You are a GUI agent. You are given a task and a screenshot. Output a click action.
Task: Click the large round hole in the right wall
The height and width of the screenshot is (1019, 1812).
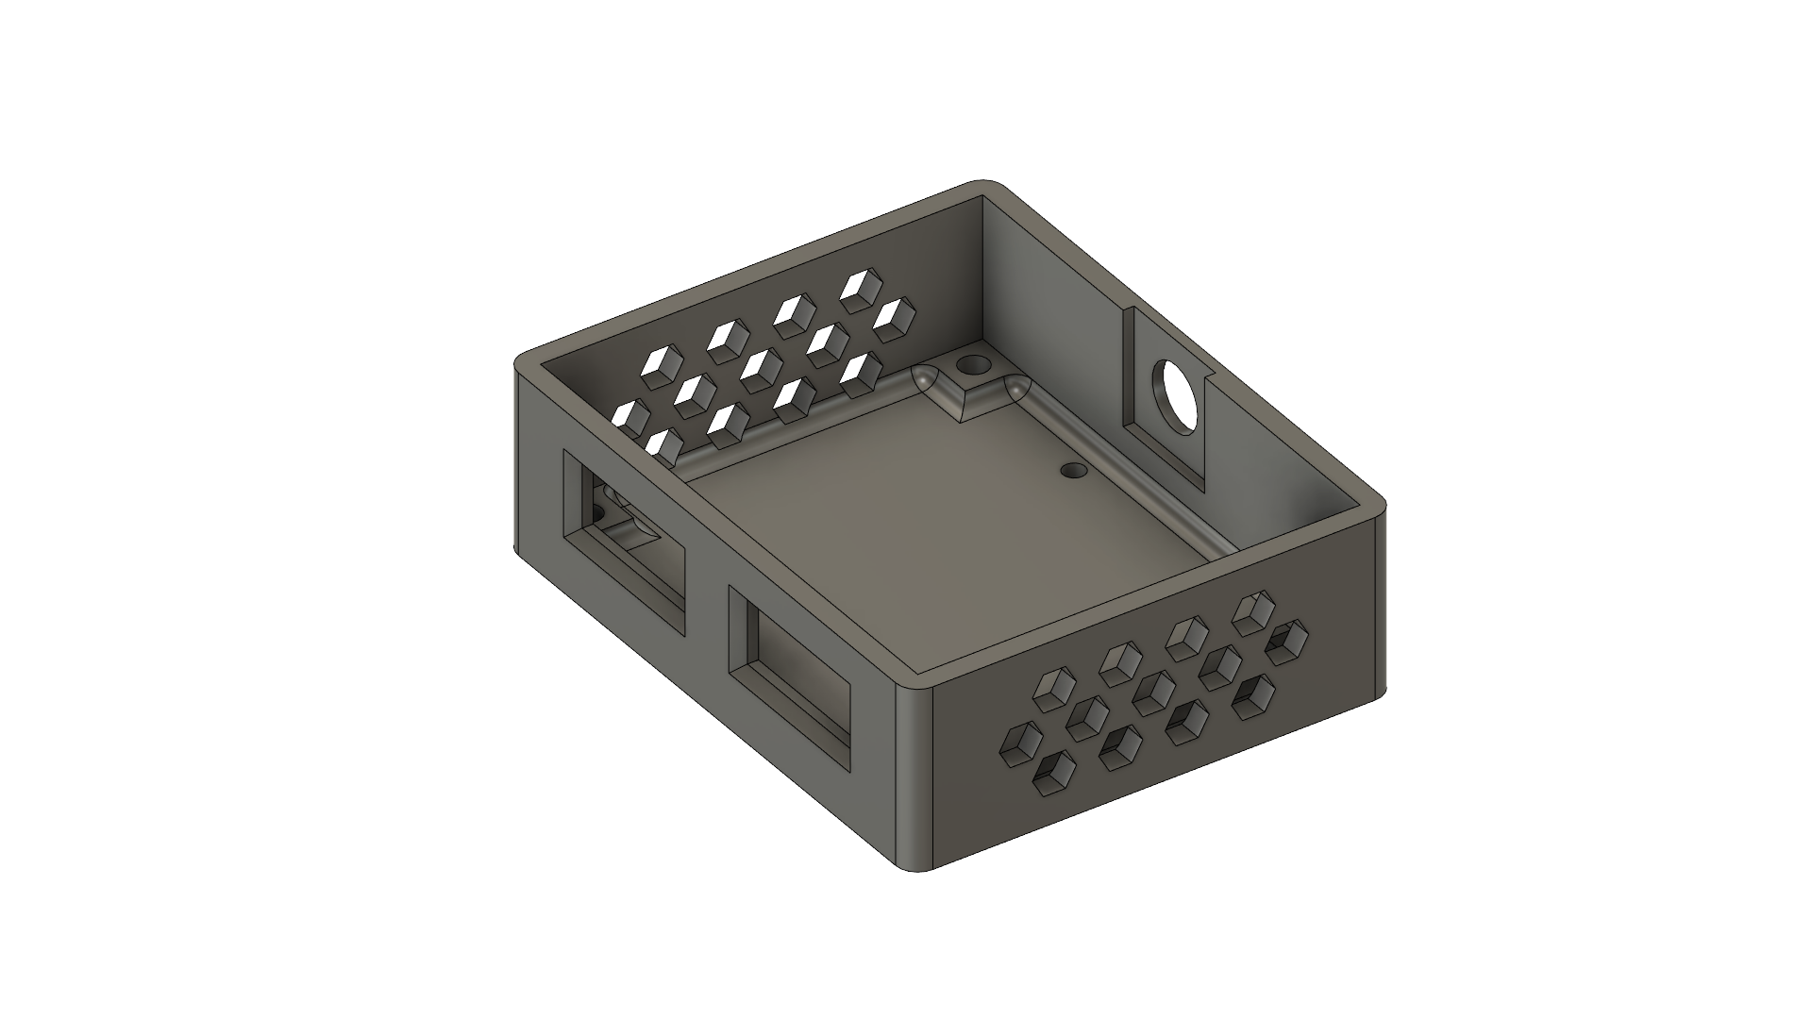pos(1173,397)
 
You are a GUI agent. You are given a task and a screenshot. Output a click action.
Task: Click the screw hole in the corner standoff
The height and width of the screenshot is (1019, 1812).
pos(969,364)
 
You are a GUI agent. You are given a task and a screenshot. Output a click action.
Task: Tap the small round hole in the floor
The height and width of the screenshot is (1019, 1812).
pos(1072,469)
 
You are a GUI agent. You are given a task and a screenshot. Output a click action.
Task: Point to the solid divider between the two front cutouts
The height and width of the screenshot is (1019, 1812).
pos(706,604)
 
